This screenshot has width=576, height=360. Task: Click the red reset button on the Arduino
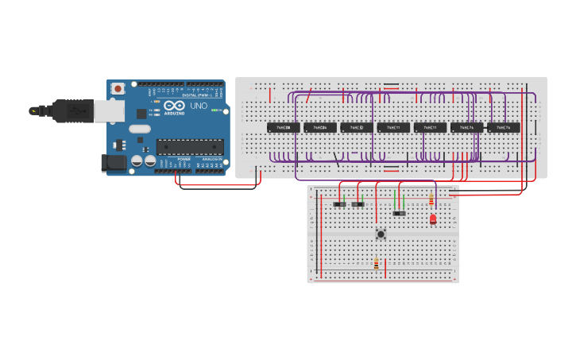[x=118, y=89]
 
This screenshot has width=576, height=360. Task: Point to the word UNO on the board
[x=198, y=106]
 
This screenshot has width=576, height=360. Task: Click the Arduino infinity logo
[x=174, y=106]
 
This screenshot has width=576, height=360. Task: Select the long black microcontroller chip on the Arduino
[x=189, y=146]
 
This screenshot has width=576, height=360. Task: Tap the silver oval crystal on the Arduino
[x=139, y=129]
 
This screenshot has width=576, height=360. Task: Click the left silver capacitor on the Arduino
[x=137, y=161]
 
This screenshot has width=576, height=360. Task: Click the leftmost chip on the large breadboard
[x=284, y=127]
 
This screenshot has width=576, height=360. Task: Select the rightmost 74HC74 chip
[x=504, y=127]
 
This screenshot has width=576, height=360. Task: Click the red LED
[x=433, y=219]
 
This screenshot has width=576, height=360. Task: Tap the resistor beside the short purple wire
[x=431, y=200]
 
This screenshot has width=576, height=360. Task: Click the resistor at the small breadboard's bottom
[x=377, y=264]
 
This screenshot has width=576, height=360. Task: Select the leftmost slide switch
[x=339, y=204]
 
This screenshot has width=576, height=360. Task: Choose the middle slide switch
[x=358, y=204]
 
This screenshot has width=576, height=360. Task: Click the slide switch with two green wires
[x=399, y=213]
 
